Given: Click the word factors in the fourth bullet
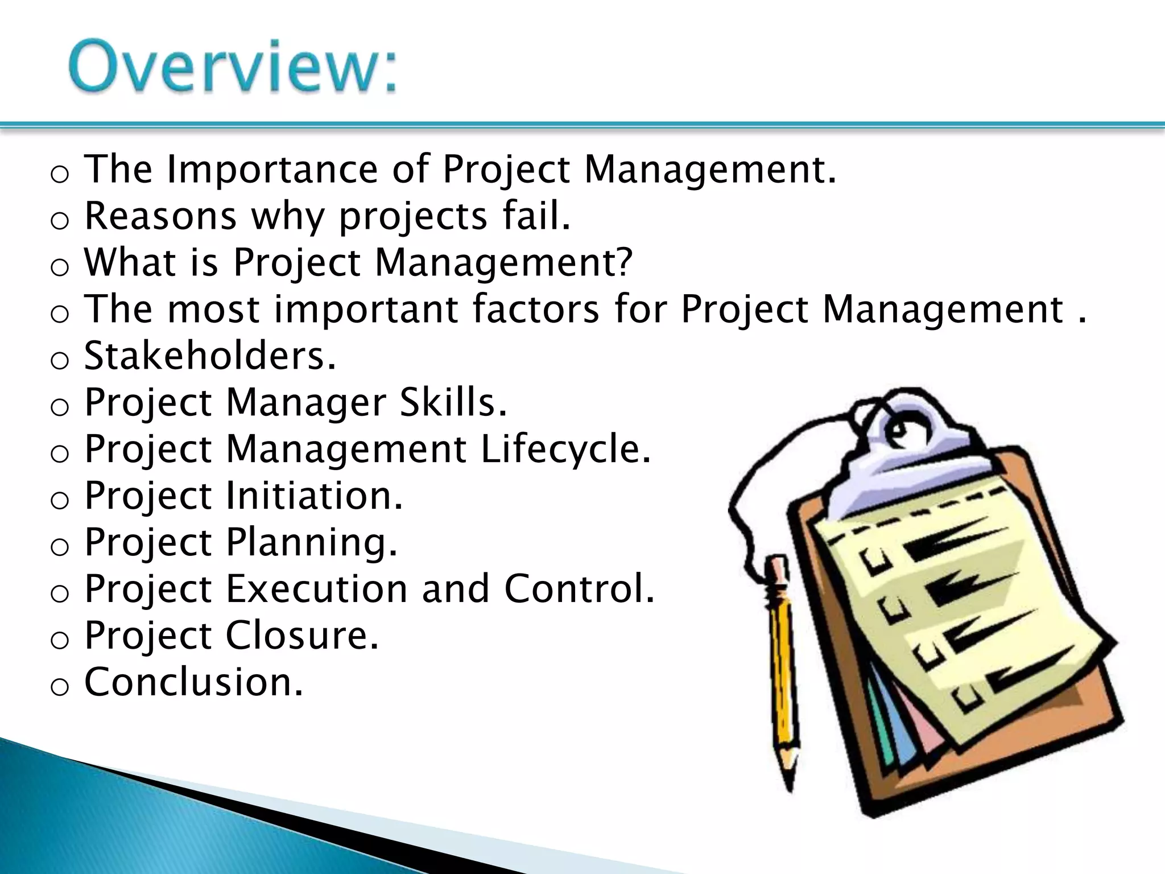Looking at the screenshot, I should click(x=535, y=309).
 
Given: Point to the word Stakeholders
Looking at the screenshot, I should click(x=209, y=356).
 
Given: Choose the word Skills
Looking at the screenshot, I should click(x=452, y=402).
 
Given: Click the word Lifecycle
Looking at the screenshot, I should click(x=565, y=449).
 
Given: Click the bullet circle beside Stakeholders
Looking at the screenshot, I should click(x=59, y=361).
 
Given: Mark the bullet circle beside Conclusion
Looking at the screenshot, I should click(x=59, y=687).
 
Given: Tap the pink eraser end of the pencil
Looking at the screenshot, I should click(x=775, y=566).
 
